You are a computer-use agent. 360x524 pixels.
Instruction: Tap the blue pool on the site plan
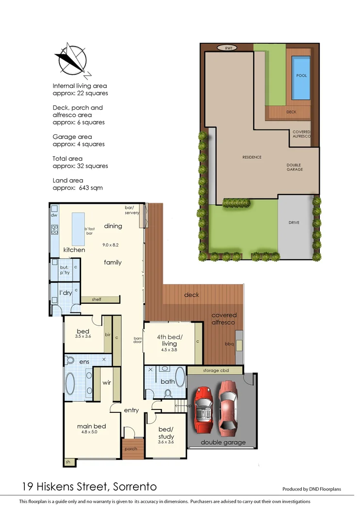click(301, 78)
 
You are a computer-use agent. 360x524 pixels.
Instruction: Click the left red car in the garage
click(203, 408)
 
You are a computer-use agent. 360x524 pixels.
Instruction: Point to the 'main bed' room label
click(91, 426)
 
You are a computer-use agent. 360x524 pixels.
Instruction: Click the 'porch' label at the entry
click(131, 449)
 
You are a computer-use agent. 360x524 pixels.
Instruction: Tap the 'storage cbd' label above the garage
click(214, 371)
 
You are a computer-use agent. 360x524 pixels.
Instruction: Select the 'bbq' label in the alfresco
click(229, 344)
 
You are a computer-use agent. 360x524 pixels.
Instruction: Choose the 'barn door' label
click(138, 340)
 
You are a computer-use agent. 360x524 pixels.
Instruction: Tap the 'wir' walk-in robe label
click(107, 382)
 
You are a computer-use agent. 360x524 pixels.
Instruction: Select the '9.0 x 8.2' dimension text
click(111, 245)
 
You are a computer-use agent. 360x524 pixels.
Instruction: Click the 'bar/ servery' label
click(132, 210)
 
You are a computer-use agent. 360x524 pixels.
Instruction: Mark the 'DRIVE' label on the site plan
click(294, 223)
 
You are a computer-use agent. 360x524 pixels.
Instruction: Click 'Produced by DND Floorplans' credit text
click(311, 489)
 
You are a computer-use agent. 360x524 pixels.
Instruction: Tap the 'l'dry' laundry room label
click(65, 293)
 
